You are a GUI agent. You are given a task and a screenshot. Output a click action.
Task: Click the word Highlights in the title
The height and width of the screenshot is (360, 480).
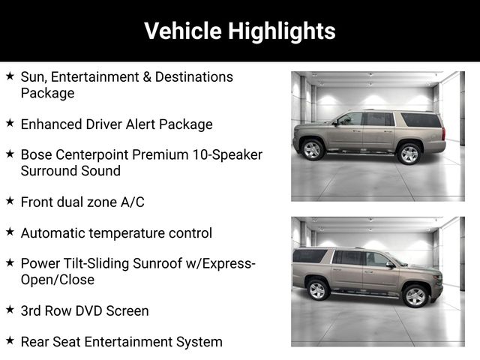[282, 31]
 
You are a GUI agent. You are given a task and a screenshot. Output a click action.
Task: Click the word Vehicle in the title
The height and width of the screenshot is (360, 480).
[183, 31]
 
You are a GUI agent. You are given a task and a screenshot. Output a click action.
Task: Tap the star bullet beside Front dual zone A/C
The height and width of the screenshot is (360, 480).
[10, 201]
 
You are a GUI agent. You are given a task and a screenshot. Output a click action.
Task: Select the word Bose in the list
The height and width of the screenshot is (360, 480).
[37, 154]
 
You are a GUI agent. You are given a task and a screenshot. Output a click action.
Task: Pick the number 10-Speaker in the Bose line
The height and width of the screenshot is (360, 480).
[227, 155]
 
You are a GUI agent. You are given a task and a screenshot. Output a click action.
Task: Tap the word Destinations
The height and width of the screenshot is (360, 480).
[194, 76]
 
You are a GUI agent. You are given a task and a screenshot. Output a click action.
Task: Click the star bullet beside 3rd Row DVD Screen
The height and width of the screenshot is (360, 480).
[10, 310]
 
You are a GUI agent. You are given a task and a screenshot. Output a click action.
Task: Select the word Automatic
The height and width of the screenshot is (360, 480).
[53, 233]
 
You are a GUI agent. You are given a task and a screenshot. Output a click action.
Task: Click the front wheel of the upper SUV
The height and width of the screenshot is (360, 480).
[312, 150]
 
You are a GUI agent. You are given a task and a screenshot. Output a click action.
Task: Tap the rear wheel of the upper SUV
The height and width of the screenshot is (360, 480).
[409, 154]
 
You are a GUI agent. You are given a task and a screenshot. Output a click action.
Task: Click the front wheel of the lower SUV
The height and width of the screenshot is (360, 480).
[415, 296]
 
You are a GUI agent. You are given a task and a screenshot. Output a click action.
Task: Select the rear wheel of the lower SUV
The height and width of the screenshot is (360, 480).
[317, 289]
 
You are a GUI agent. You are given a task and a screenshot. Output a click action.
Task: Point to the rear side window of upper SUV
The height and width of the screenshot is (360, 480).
[421, 120]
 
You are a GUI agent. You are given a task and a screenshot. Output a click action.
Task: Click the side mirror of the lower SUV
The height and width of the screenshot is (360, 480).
[390, 265]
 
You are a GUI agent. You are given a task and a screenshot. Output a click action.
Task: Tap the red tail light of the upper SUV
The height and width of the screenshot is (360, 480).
[443, 134]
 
